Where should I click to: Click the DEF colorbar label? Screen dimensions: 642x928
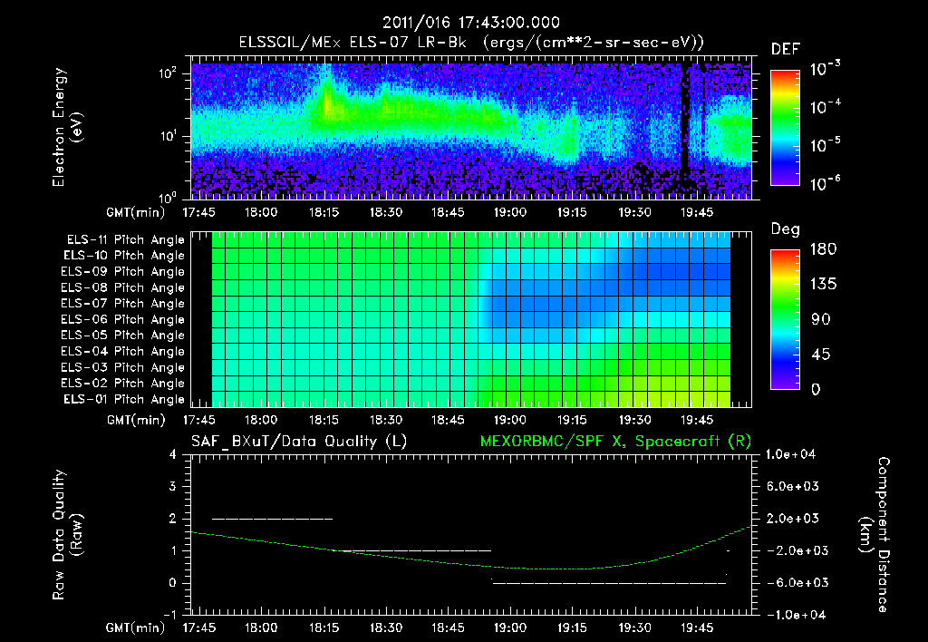[x=784, y=49]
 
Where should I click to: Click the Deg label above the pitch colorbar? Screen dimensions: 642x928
[x=785, y=229]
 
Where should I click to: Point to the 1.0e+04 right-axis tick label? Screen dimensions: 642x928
[x=792, y=454]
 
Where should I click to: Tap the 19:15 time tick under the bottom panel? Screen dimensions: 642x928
[x=572, y=627]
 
